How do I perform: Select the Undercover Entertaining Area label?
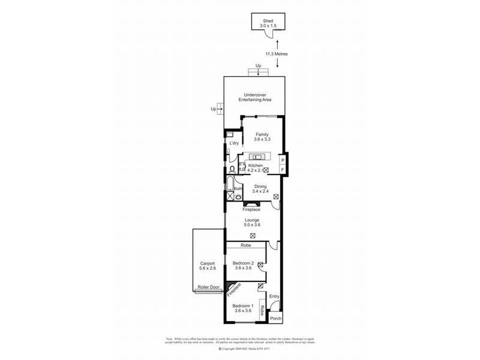click(x=254, y=97)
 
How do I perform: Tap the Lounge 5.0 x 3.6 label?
click(x=251, y=223)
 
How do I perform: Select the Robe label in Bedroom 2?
click(x=245, y=245)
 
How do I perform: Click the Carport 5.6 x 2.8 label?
click(x=208, y=266)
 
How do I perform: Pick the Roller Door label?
click(x=208, y=287)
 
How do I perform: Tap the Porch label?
click(x=275, y=319)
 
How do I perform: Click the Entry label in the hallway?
click(x=275, y=296)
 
